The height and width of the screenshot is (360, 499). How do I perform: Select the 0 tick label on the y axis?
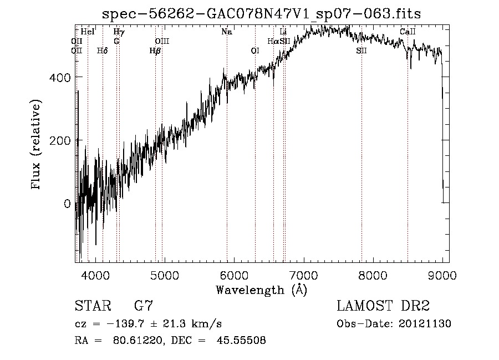(67, 204)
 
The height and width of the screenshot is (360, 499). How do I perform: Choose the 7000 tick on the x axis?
(303, 275)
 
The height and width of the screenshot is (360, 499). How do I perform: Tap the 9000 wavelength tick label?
(442, 275)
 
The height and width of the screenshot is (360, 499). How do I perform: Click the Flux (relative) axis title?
(37, 145)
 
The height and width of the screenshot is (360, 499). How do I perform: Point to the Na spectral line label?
(226, 32)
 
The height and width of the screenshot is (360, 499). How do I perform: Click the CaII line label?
(408, 32)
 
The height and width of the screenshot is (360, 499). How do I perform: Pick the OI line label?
(255, 50)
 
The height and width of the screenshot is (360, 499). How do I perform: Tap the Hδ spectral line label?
(102, 50)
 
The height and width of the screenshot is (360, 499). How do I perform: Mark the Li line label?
(283, 32)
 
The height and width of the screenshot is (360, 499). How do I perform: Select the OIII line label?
(162, 41)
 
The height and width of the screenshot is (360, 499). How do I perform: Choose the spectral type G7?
(144, 306)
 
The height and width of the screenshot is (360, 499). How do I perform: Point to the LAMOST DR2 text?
(384, 306)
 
